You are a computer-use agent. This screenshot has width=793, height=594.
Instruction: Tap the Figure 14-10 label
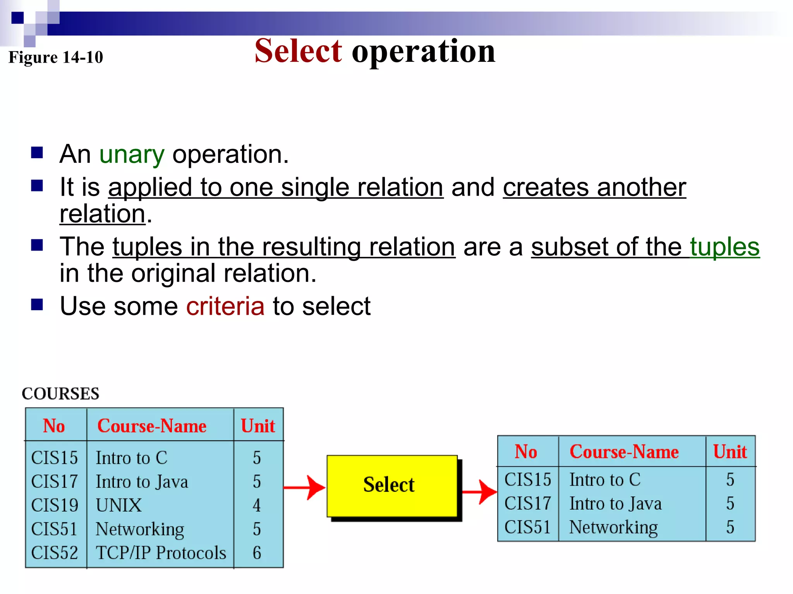(56, 57)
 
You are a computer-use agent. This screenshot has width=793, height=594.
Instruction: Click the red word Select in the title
(298, 51)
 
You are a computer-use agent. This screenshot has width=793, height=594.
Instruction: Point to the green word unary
(132, 154)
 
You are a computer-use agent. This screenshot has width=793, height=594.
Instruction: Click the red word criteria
(225, 306)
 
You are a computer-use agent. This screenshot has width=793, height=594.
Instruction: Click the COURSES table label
(60, 394)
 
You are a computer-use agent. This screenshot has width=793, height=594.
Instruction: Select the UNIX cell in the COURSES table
(119, 505)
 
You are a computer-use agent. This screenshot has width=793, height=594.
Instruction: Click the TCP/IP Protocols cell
(161, 553)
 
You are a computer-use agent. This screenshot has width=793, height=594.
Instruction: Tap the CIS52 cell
(55, 553)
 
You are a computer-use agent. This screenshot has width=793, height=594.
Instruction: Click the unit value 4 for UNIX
(257, 505)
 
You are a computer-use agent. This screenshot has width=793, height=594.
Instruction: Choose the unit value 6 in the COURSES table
(257, 553)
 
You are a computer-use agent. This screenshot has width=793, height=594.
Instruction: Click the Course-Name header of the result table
(624, 452)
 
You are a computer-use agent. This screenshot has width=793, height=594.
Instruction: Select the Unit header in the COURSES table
(257, 426)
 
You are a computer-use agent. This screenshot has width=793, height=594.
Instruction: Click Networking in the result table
(613, 527)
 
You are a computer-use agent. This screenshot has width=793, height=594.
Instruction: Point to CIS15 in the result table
(527, 480)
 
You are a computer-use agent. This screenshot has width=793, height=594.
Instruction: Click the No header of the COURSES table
(54, 426)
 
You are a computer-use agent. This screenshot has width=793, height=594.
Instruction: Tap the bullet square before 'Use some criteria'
(37, 305)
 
